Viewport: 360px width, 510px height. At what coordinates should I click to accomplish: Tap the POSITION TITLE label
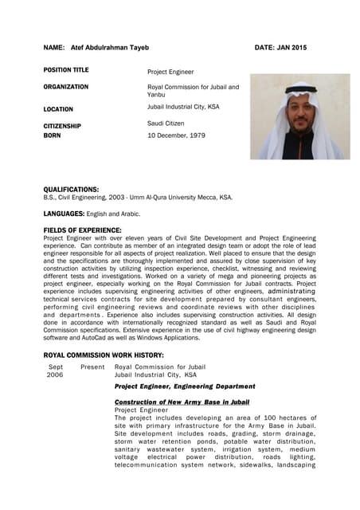pos(66,70)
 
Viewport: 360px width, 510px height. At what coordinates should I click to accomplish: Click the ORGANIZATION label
pos(66,87)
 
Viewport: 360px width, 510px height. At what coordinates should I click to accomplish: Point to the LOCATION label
pos(58,109)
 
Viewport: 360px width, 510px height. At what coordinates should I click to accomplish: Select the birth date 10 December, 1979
pos(177,136)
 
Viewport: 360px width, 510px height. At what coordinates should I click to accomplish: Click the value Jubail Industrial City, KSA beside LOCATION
pos(183,106)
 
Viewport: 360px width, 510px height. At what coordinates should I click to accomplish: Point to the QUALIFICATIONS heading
pos(71,189)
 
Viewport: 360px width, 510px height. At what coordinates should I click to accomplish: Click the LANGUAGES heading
pos(62,214)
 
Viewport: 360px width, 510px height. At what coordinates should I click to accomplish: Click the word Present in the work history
pos(92,367)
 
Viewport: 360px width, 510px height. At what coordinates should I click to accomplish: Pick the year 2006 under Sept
pos(55,375)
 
